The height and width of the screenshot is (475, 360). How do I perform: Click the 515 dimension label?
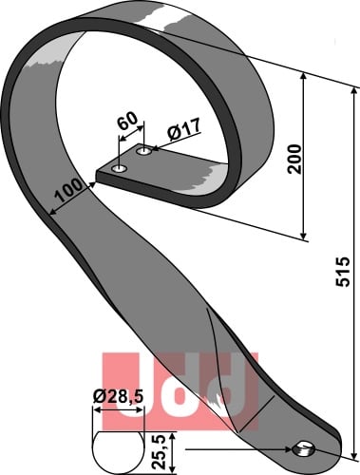click(x=343, y=272)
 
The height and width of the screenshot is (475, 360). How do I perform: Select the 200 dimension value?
click(x=294, y=159)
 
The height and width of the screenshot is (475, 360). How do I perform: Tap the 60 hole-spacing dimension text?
click(x=127, y=120)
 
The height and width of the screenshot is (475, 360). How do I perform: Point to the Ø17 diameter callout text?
click(x=184, y=130)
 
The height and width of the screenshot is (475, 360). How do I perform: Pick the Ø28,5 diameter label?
click(x=118, y=396)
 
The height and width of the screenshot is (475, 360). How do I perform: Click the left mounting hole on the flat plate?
click(x=121, y=169)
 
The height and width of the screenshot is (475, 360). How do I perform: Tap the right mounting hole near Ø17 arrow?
click(x=144, y=151)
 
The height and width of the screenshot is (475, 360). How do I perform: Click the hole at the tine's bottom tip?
click(x=303, y=448)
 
